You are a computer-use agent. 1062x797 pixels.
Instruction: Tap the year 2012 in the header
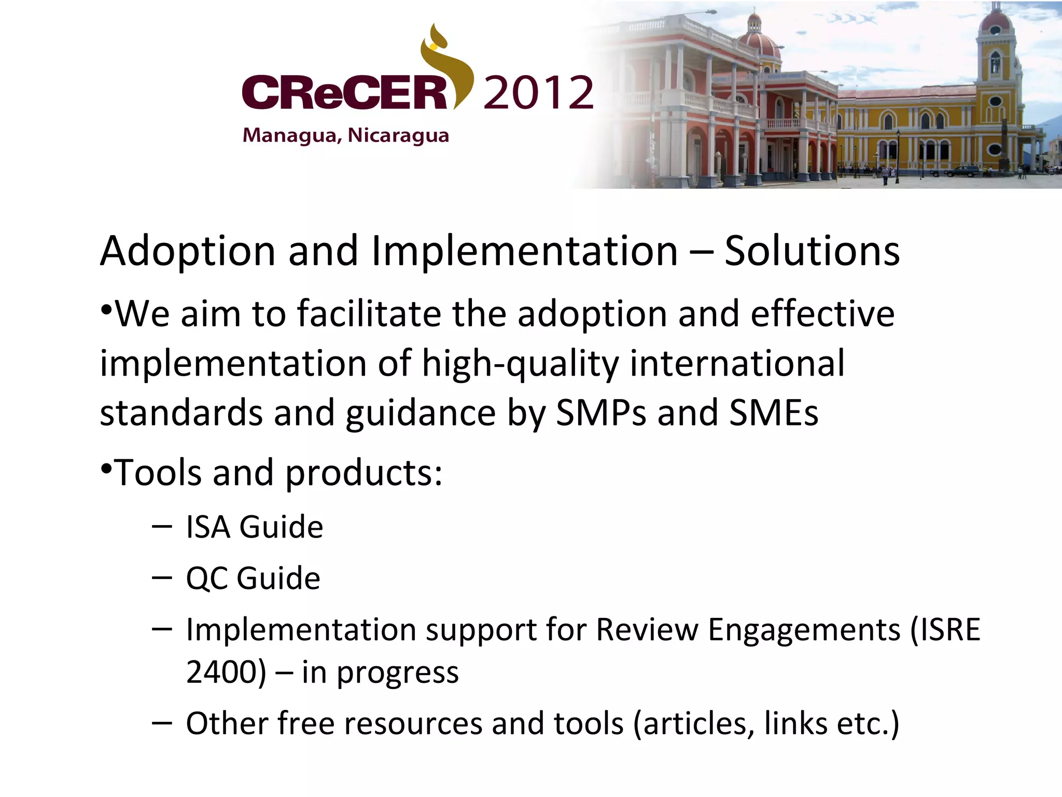pyautogui.click(x=538, y=93)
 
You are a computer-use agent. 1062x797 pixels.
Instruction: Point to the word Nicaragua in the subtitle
pyautogui.click(x=398, y=135)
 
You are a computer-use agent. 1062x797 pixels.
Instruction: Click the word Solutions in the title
pyautogui.click(x=812, y=251)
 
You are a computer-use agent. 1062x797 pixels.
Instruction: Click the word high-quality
pyautogui.click(x=520, y=364)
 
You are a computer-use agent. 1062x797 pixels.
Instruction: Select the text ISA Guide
pyautogui.click(x=254, y=527)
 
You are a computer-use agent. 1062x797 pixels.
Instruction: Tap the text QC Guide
pyautogui.click(x=253, y=578)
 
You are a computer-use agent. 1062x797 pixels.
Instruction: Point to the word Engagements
pyautogui.click(x=803, y=630)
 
